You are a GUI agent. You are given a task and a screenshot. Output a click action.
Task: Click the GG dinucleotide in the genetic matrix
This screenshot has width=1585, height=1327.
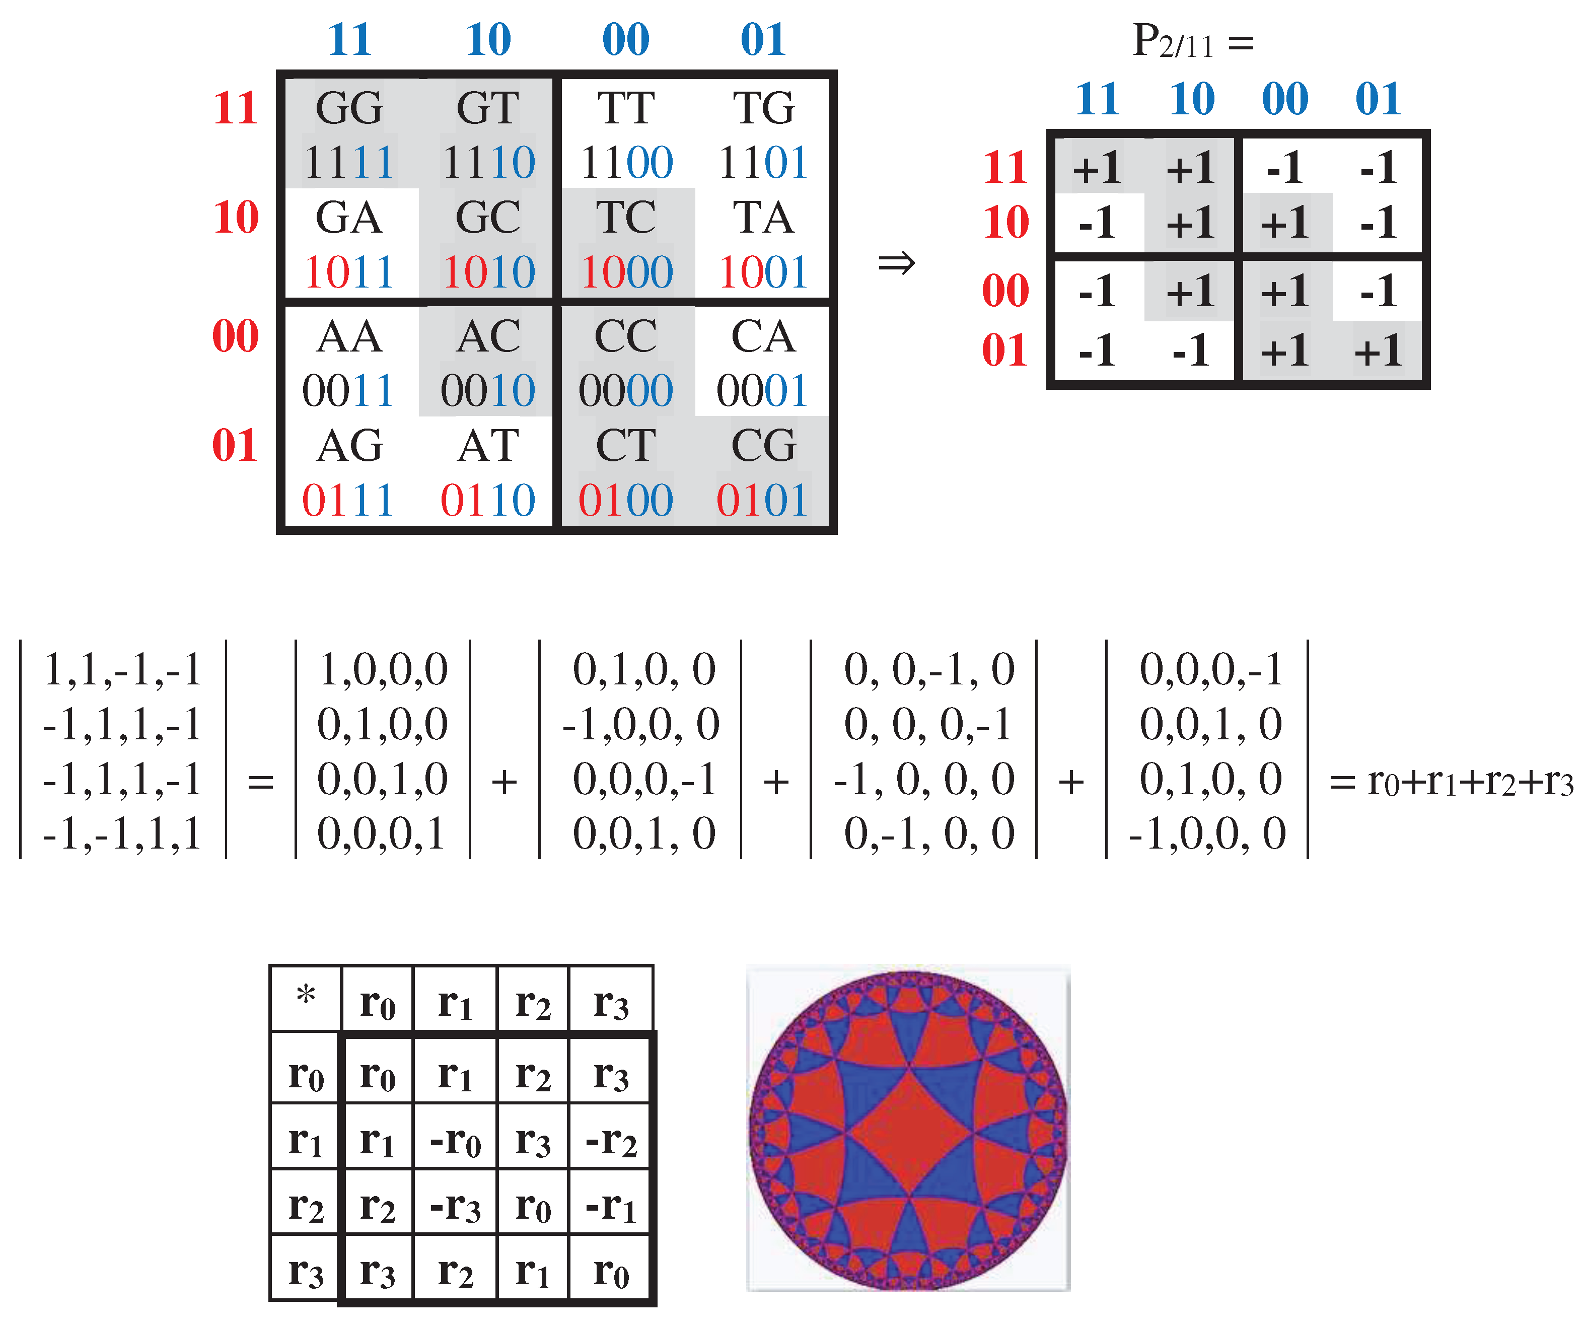349,108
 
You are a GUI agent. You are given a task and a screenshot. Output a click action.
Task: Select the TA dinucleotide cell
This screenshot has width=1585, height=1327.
763,218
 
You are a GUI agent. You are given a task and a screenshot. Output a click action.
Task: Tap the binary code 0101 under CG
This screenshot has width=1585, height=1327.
762,500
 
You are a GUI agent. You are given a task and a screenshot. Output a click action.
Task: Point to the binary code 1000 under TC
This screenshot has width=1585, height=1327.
626,272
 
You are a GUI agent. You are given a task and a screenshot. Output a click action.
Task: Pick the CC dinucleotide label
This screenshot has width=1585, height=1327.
626,336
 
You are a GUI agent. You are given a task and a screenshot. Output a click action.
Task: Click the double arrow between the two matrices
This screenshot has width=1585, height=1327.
896,263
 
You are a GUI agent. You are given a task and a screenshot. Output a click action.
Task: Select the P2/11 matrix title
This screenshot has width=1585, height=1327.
1192,41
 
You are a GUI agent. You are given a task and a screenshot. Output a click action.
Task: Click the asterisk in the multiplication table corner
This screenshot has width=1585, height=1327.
306,996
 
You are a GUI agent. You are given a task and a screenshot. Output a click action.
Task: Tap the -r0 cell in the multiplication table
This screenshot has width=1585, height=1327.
455,1140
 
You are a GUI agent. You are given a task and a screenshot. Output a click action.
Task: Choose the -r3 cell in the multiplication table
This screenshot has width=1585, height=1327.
455,1206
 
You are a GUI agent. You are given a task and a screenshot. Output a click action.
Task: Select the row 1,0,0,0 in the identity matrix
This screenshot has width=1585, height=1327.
383,669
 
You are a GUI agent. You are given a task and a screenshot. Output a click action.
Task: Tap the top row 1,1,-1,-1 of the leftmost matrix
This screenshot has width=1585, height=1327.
122,669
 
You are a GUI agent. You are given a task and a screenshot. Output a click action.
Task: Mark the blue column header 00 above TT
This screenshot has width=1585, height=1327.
626,39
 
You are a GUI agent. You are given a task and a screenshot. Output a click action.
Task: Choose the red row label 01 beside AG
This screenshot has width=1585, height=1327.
235,445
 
